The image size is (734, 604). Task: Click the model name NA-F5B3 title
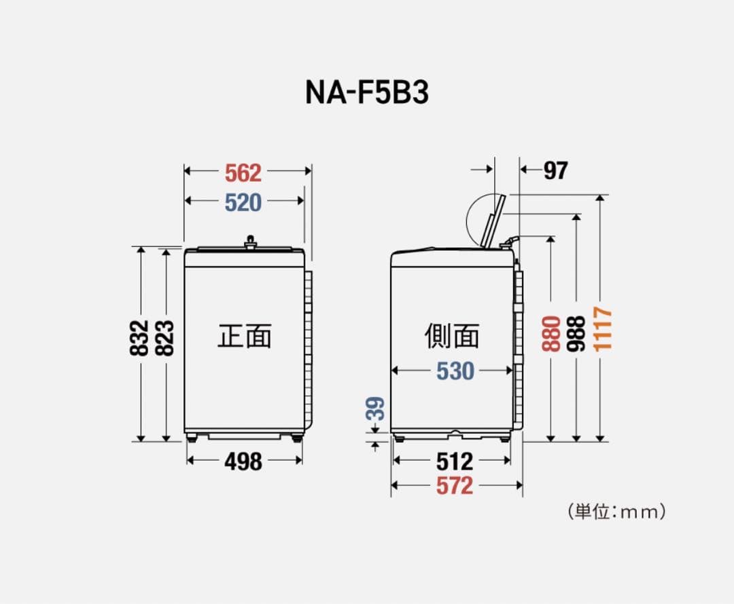click(x=366, y=93)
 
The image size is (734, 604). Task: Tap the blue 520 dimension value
click(x=243, y=202)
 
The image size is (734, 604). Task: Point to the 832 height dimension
click(x=139, y=337)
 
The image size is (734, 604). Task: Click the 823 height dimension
click(x=165, y=337)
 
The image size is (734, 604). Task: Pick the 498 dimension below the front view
click(x=243, y=461)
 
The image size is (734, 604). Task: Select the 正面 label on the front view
click(x=245, y=336)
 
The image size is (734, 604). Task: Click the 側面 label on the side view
click(x=453, y=336)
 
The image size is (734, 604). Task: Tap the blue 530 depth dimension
click(x=455, y=371)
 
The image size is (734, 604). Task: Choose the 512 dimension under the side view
click(x=454, y=461)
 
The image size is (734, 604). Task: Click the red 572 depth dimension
click(x=454, y=486)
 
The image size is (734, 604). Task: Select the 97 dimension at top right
click(x=555, y=171)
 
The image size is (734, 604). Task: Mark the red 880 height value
click(x=551, y=333)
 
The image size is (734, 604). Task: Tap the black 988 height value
click(x=576, y=333)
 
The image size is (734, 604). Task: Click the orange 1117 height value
click(x=601, y=329)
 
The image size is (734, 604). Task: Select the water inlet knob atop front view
click(x=251, y=242)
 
